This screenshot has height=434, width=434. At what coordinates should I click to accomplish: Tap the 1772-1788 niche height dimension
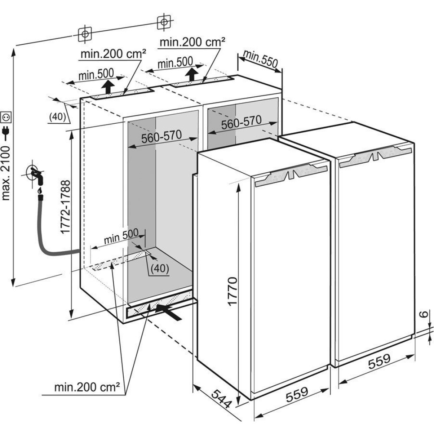(x=66, y=207)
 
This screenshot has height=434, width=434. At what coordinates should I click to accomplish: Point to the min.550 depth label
(x=260, y=59)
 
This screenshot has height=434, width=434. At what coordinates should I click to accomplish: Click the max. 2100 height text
(x=6, y=174)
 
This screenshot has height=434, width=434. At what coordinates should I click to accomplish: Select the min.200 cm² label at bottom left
(x=87, y=387)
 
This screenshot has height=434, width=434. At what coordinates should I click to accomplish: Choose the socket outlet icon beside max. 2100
(x=6, y=117)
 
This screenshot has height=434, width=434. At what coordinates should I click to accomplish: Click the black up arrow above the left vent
(x=108, y=87)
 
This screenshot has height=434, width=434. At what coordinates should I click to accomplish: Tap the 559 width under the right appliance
(x=379, y=362)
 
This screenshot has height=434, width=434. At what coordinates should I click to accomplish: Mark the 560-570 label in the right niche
(x=241, y=122)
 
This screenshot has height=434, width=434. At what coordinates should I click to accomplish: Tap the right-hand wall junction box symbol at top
(x=164, y=22)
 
